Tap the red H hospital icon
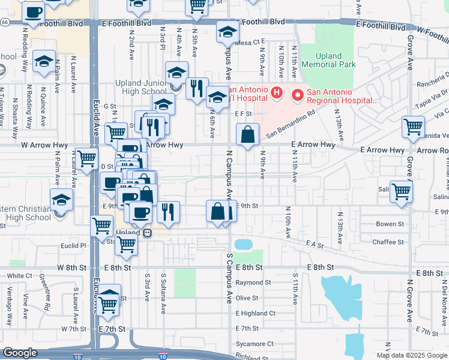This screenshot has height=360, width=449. click(x=277, y=93)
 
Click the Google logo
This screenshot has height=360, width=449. click(x=20, y=353)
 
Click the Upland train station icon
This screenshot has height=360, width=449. click(x=146, y=233)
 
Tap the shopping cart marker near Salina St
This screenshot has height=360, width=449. click(x=401, y=192)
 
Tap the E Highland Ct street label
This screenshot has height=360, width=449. click(x=256, y=313)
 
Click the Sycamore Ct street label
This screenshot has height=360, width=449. click(x=255, y=344)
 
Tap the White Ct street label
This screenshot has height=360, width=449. click(x=20, y=275)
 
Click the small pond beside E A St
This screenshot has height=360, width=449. click(x=243, y=244)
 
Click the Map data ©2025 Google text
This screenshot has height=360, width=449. click(x=412, y=355)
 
